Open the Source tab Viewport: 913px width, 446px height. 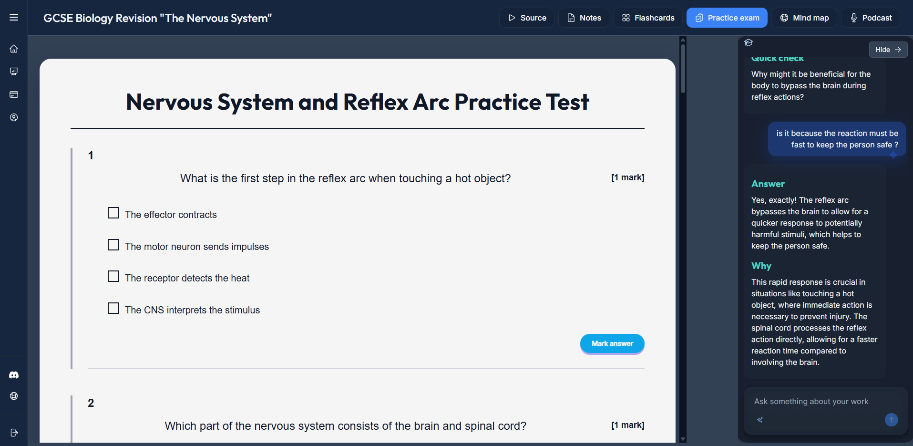[x=527, y=18]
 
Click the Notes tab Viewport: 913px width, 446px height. [x=584, y=18]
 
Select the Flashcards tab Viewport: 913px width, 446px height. [x=648, y=18]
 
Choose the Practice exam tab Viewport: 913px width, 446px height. [x=727, y=18]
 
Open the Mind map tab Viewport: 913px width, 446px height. [x=804, y=18]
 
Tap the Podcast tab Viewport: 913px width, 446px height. [x=871, y=18]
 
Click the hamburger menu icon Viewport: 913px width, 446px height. [x=14, y=17]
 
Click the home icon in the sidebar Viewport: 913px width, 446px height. [x=14, y=49]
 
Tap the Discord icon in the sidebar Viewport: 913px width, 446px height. [x=14, y=375]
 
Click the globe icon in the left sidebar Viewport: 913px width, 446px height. [x=14, y=396]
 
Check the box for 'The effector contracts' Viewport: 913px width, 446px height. [x=113, y=213]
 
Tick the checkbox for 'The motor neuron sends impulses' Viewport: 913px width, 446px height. [x=113, y=245]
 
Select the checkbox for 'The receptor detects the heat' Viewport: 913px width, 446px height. [x=113, y=277]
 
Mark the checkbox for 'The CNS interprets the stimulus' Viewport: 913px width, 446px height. [x=113, y=308]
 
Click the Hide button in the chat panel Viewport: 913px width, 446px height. [x=888, y=50]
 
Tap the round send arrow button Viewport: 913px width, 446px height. [x=892, y=420]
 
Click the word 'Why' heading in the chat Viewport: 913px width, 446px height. [x=761, y=266]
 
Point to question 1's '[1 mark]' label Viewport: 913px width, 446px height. [x=627, y=177]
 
